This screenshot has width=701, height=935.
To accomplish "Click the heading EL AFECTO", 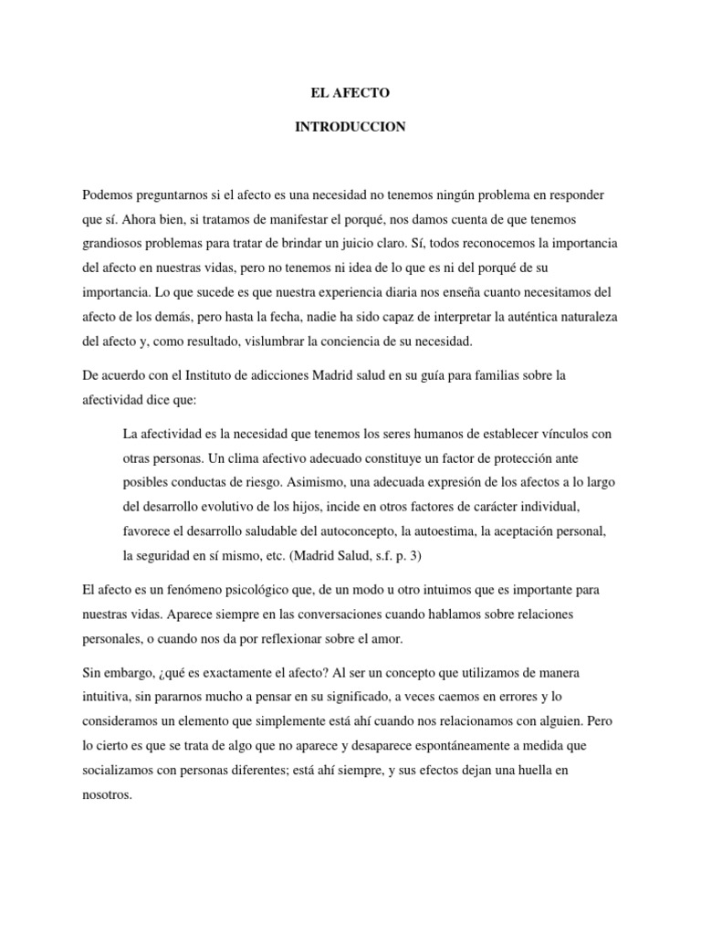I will [x=350, y=93].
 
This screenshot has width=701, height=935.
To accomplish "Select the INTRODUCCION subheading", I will [x=350, y=128].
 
